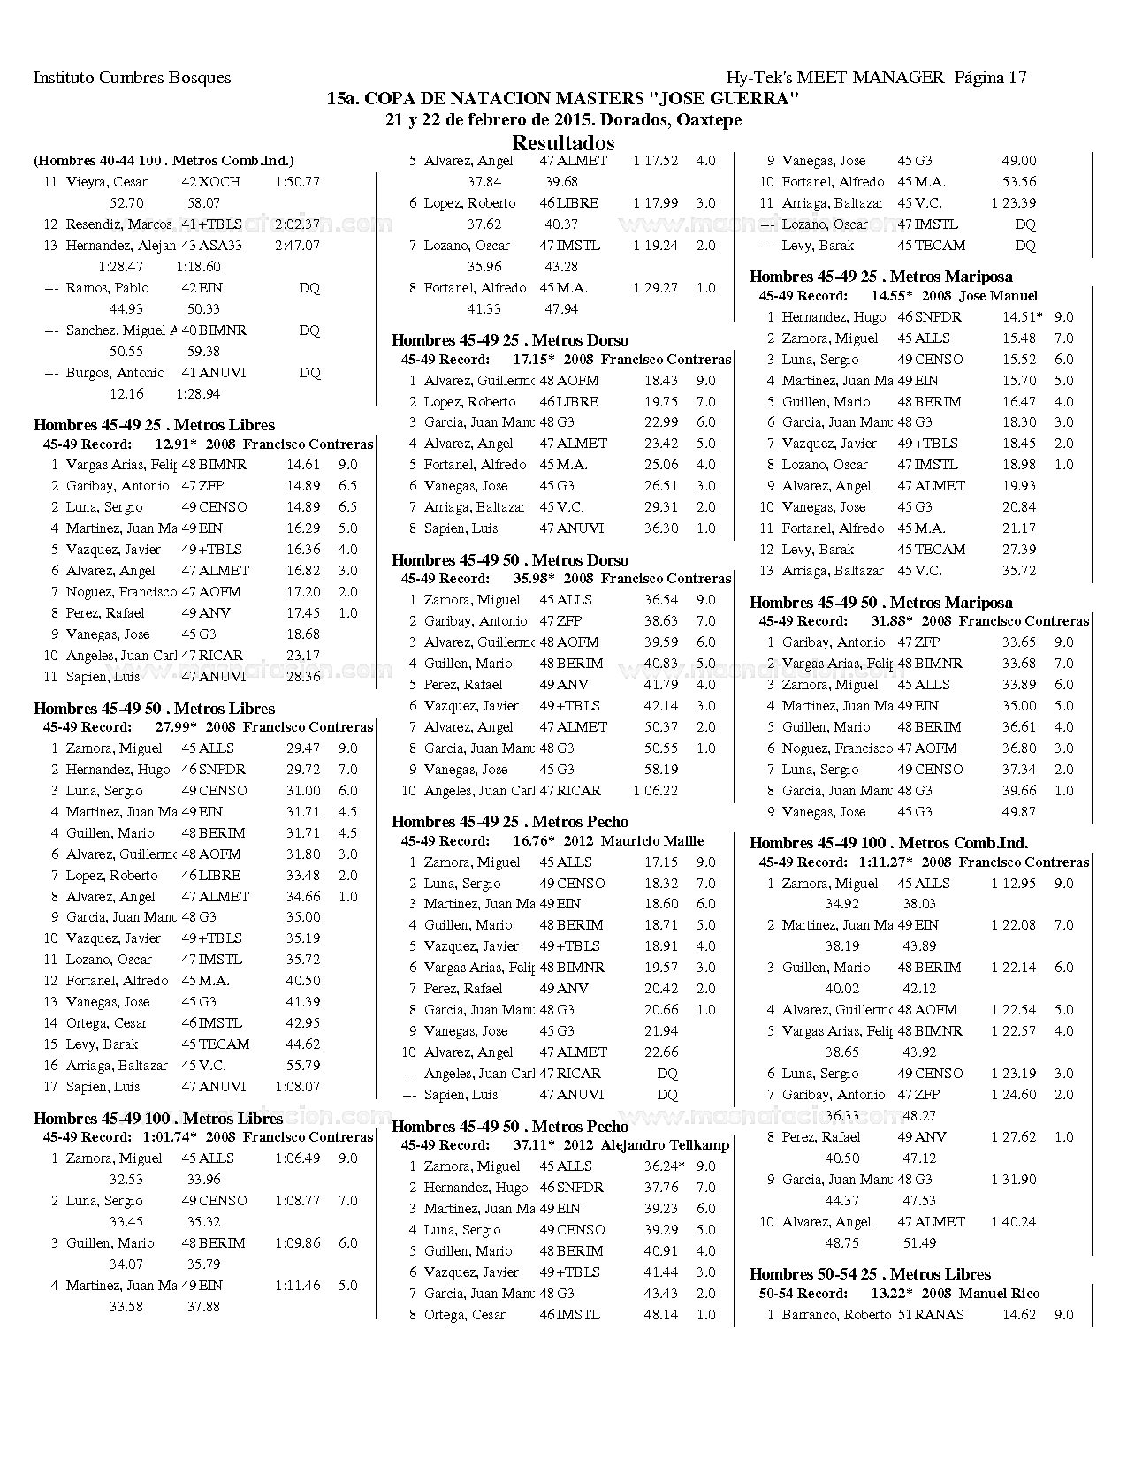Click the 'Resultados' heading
click(x=563, y=142)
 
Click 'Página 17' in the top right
click(x=990, y=77)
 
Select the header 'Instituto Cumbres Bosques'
click(x=132, y=77)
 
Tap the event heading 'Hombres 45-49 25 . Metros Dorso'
click(x=509, y=339)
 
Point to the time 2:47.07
click(x=297, y=246)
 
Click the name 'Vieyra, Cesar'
click(x=106, y=182)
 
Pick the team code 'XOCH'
click(x=219, y=182)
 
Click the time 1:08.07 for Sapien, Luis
click(x=297, y=1086)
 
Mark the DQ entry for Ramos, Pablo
click(x=308, y=288)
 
